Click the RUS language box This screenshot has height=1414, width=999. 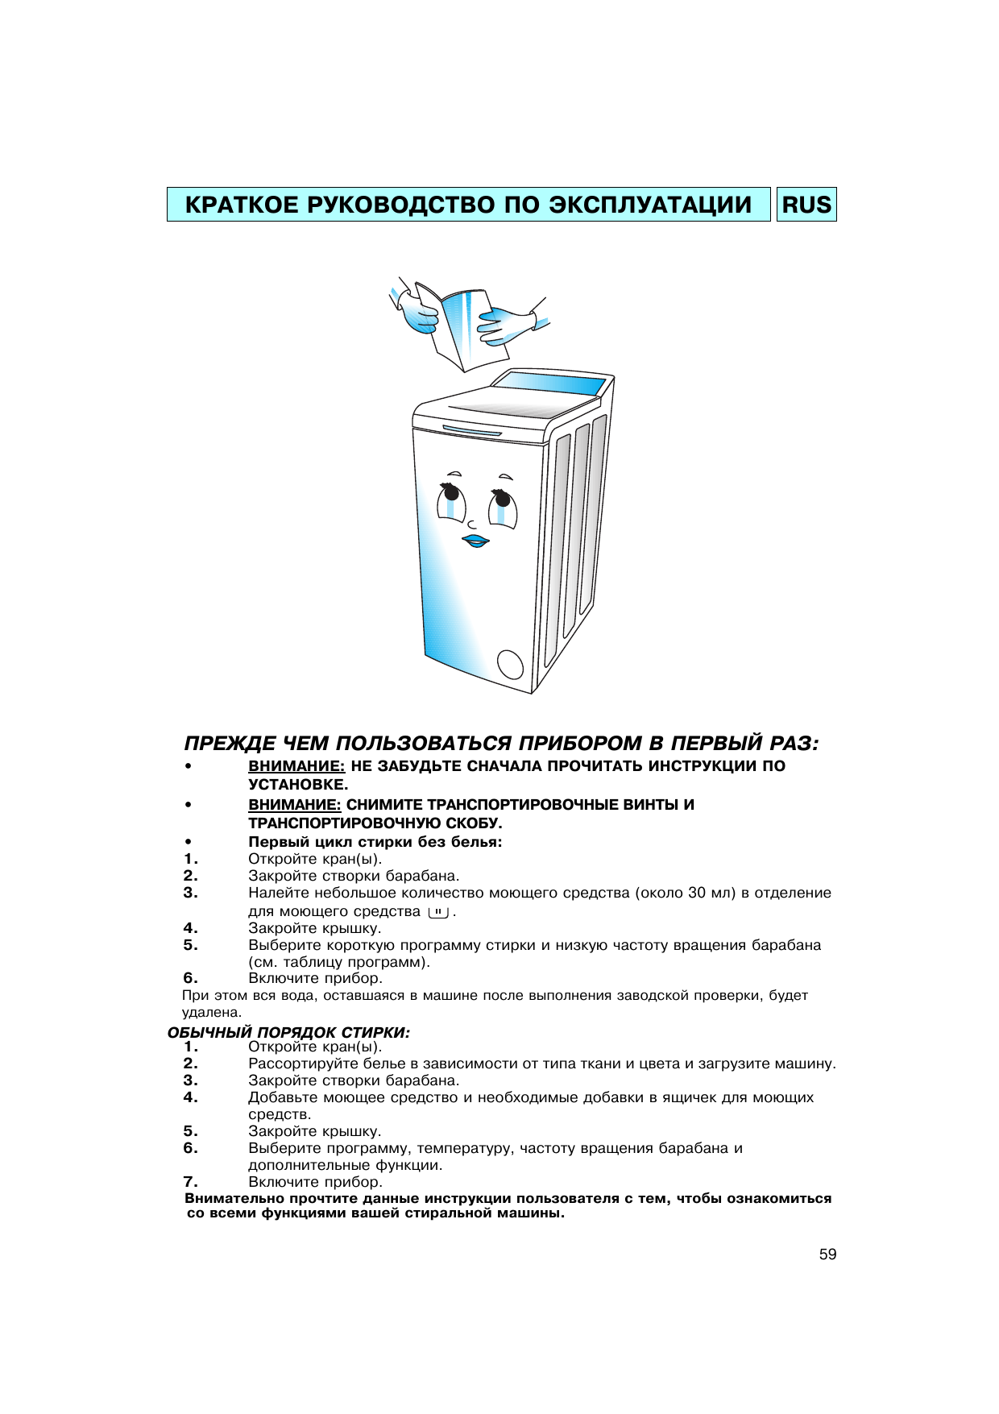point(806,205)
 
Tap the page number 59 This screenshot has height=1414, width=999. point(827,1254)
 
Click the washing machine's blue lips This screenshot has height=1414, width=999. point(475,541)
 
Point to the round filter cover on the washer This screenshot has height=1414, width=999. point(511,666)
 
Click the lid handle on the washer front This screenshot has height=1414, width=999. point(471,431)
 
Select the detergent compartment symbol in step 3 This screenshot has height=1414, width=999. point(438,912)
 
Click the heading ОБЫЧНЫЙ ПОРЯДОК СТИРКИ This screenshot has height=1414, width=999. point(288,1032)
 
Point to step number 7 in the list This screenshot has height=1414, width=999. point(190,1182)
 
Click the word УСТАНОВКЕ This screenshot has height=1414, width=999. point(298,785)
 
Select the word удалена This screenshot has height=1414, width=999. point(211,1013)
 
